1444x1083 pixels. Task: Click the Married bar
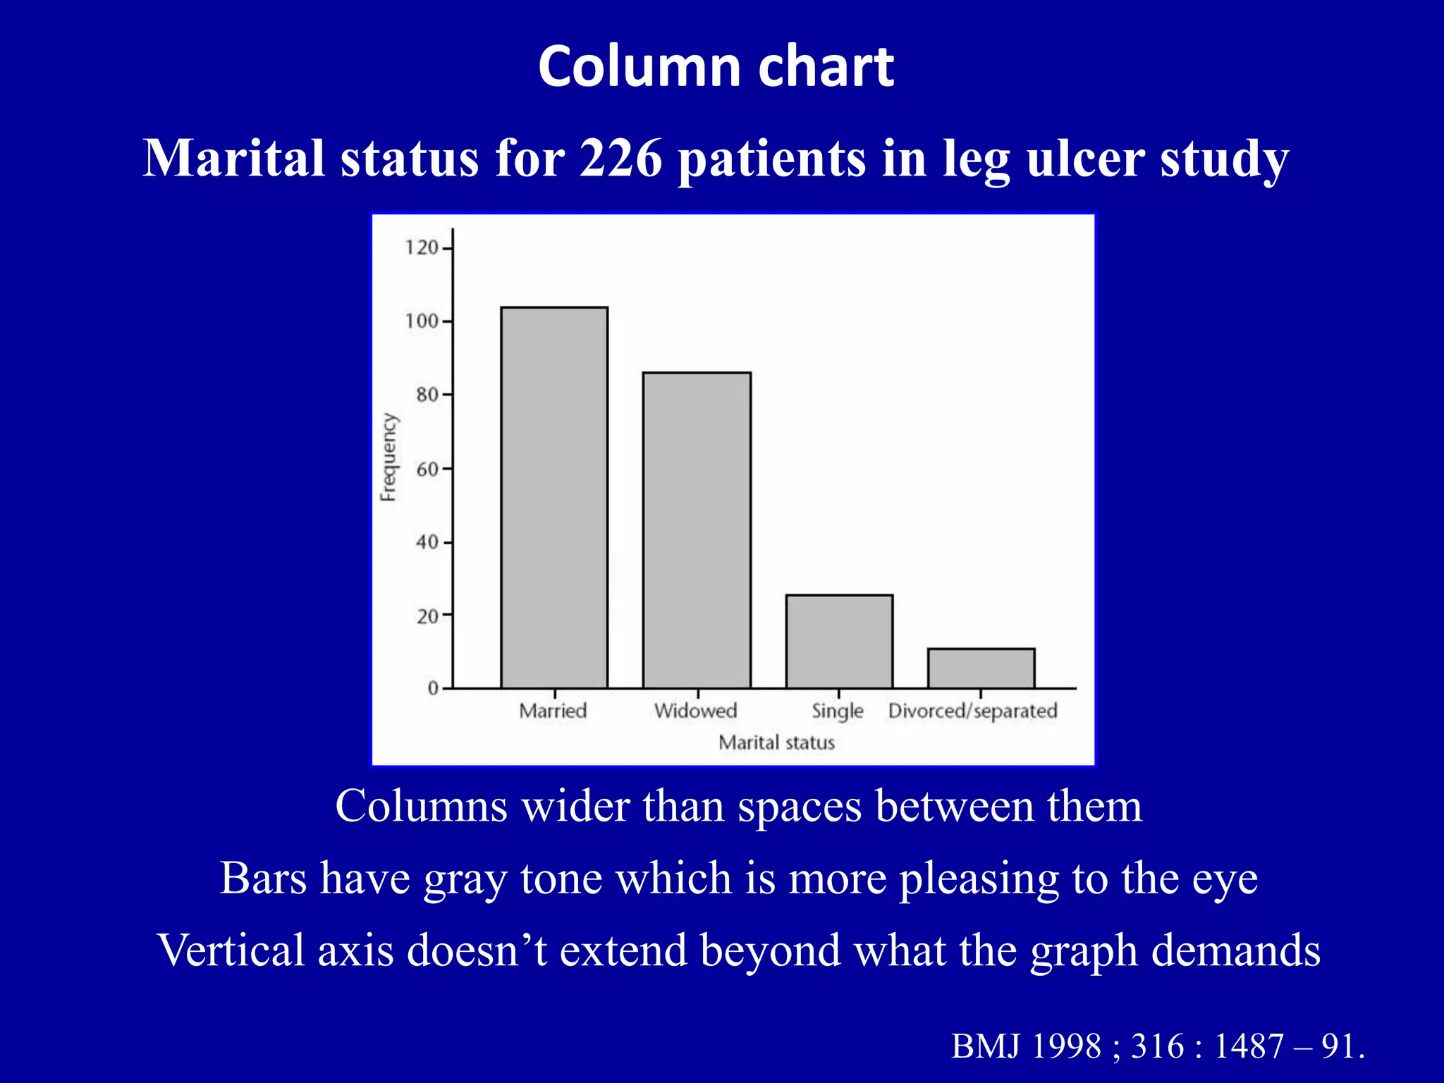[x=554, y=497]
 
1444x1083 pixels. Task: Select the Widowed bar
[x=697, y=530]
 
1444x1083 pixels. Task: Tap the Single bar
[x=839, y=641]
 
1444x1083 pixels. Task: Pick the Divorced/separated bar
[x=981, y=668]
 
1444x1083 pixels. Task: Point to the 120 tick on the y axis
[x=422, y=247]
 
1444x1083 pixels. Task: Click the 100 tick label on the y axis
[x=422, y=322]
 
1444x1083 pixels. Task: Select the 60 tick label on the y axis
[x=427, y=469]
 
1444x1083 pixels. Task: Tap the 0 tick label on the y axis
[x=433, y=689]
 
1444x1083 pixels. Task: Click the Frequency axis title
[x=388, y=457]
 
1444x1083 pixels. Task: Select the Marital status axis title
[x=776, y=742]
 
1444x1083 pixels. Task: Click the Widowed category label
[x=695, y=711]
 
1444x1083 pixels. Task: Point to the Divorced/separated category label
[x=972, y=711]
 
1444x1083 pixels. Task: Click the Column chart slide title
[x=716, y=66]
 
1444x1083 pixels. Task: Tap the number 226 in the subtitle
[x=620, y=158]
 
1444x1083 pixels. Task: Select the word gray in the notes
[x=465, y=879]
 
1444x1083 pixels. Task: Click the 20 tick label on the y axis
[x=427, y=616]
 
